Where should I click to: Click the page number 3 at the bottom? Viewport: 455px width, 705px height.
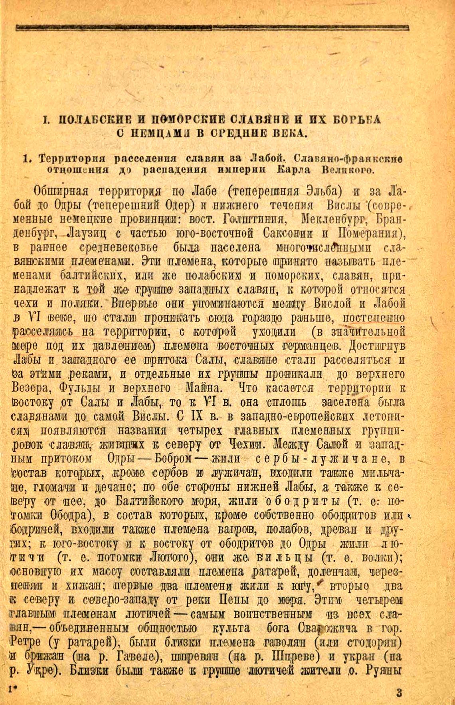coord(399,692)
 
